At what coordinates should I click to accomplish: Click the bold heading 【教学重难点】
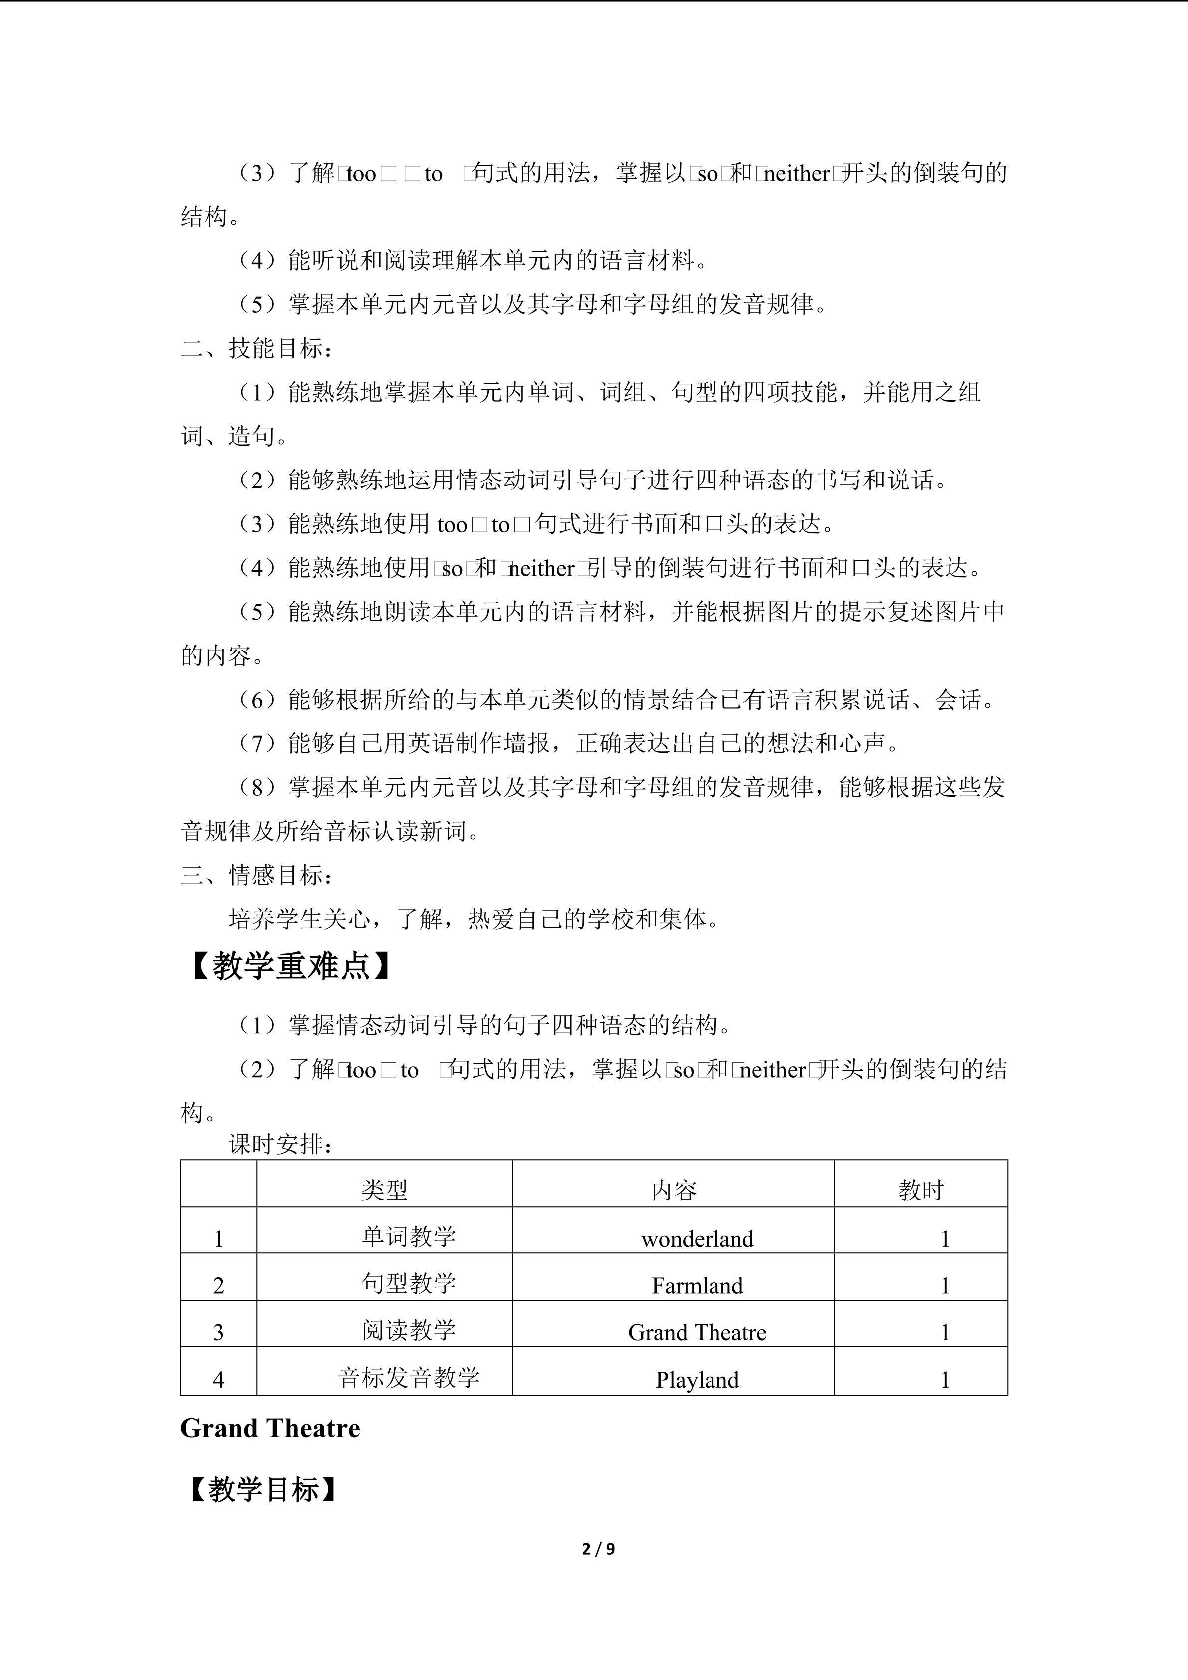[x=290, y=966]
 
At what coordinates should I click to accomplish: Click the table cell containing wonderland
[x=697, y=1239]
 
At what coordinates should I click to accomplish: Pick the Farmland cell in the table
[x=697, y=1286]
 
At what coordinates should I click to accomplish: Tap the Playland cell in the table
[x=697, y=1379]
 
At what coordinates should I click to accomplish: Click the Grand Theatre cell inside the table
[x=697, y=1332]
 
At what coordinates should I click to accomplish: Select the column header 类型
[x=384, y=1191]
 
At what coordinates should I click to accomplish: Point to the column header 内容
[x=673, y=1191]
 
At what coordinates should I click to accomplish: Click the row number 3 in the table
[x=218, y=1332]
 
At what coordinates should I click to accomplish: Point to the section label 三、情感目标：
[x=257, y=875]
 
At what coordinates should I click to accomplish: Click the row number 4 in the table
[x=218, y=1379]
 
